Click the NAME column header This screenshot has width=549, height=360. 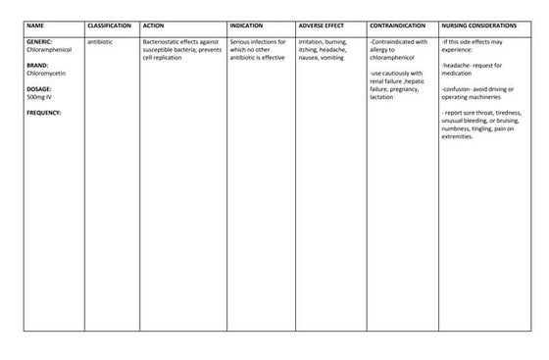(35, 25)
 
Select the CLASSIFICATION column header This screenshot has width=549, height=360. (109, 25)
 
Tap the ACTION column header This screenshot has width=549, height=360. (154, 25)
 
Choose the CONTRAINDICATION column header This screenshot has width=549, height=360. (397, 25)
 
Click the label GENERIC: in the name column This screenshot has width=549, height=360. (39, 42)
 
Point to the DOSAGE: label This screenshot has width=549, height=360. (39, 88)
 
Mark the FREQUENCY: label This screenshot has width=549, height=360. (44, 112)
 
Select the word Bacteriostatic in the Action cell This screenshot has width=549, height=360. (163, 42)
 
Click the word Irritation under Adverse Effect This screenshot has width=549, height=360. (311, 42)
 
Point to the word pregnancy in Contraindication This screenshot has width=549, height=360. (406, 88)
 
